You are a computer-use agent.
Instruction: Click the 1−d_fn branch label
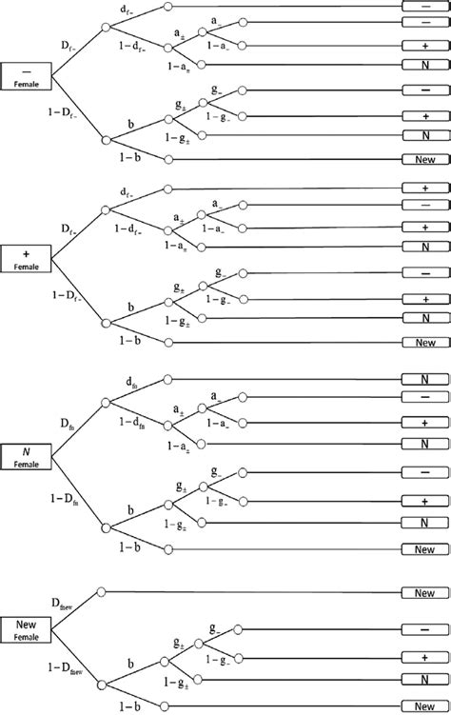tap(133, 421)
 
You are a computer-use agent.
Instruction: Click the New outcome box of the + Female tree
tap(424, 341)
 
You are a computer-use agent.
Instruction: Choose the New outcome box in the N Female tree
tap(424, 549)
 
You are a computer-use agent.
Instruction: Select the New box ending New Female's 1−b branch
tap(424, 706)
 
